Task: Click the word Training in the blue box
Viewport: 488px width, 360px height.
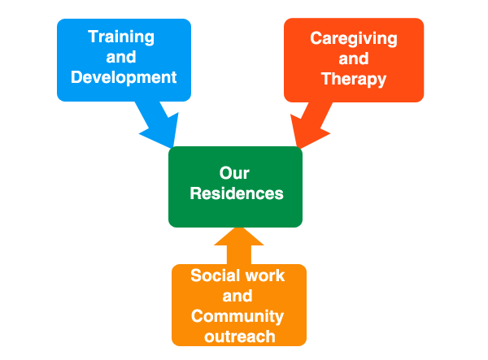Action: click(x=121, y=37)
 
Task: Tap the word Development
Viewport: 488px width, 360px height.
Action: click(x=124, y=78)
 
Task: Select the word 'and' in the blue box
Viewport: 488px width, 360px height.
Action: click(x=121, y=58)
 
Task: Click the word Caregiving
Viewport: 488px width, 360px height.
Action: click(x=354, y=38)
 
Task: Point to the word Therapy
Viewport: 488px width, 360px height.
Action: click(x=354, y=79)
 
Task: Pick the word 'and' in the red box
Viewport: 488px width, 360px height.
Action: click(x=354, y=59)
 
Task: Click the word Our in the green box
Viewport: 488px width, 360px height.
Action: click(x=234, y=173)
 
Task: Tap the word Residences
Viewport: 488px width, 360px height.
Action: click(x=237, y=194)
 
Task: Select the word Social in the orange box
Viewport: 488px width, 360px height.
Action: click(x=213, y=275)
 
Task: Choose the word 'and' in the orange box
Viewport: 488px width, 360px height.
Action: click(x=237, y=296)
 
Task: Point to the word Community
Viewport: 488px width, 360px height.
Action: click(x=237, y=316)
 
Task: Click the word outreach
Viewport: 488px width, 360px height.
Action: click(x=237, y=336)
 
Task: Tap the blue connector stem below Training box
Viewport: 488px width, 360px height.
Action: click(x=155, y=126)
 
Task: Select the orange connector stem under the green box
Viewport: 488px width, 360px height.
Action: click(x=238, y=245)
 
